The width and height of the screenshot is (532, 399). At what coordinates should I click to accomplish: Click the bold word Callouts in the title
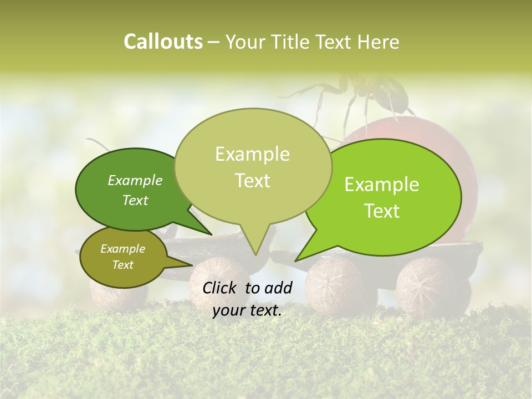pyautogui.click(x=163, y=42)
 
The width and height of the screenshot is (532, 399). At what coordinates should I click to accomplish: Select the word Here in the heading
pyautogui.click(x=379, y=42)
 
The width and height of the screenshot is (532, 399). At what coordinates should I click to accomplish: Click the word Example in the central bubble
pyautogui.click(x=252, y=154)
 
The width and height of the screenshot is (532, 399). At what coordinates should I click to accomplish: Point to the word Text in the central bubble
pyautogui.click(x=252, y=181)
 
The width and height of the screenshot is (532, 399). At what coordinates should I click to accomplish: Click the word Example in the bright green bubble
pyautogui.click(x=382, y=185)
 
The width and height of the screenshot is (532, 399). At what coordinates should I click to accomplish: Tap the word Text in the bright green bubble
pyautogui.click(x=382, y=211)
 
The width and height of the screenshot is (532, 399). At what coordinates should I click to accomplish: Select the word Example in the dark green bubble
pyautogui.click(x=135, y=181)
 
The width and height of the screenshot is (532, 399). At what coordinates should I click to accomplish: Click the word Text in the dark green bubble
pyautogui.click(x=135, y=200)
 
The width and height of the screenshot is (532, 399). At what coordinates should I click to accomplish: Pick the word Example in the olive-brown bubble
pyautogui.click(x=122, y=249)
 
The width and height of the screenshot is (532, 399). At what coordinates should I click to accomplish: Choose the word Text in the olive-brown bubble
pyautogui.click(x=122, y=265)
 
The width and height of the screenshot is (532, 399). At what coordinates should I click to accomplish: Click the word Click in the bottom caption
pyautogui.click(x=221, y=288)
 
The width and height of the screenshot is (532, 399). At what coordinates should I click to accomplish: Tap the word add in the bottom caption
pyautogui.click(x=279, y=288)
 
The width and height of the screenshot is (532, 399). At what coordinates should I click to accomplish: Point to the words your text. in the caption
pyautogui.click(x=247, y=310)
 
